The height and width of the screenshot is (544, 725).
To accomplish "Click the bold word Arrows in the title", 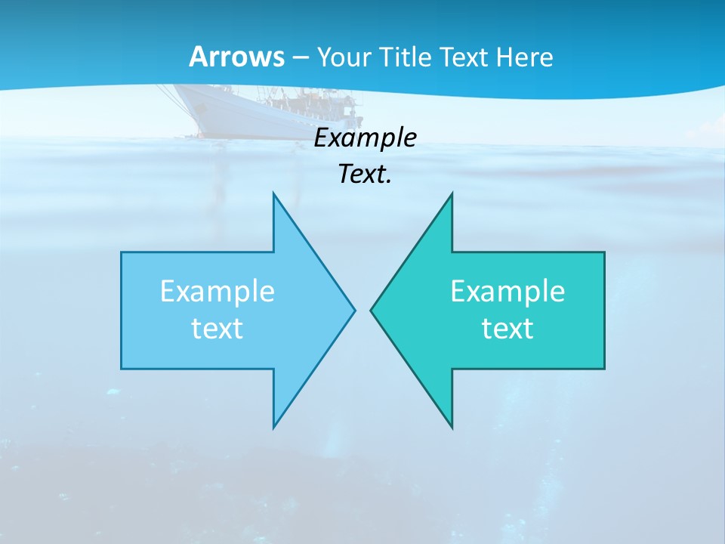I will (236, 57).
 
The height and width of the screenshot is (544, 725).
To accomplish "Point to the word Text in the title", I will (462, 57).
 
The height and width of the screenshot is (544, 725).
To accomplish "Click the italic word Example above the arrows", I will (365, 138).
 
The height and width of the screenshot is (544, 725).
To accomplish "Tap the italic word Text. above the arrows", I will (365, 175).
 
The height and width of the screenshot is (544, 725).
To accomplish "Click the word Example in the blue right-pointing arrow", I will (217, 292).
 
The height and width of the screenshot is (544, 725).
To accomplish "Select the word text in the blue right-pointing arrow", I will (217, 329).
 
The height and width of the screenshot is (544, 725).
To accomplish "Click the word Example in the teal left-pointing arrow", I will (507, 292).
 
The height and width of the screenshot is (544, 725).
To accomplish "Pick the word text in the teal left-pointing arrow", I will (507, 329).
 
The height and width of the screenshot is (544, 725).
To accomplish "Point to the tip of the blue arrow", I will (354, 310).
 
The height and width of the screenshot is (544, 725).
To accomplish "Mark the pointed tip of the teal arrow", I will (371, 310).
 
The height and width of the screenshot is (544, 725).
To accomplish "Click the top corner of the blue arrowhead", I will (273, 193).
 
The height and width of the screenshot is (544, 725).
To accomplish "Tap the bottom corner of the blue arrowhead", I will (273, 427).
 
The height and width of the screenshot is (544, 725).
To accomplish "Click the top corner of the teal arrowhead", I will (452, 193).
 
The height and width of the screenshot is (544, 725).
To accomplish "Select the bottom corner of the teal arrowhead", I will (452, 427).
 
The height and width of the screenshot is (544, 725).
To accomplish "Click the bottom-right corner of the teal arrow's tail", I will (604, 368).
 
